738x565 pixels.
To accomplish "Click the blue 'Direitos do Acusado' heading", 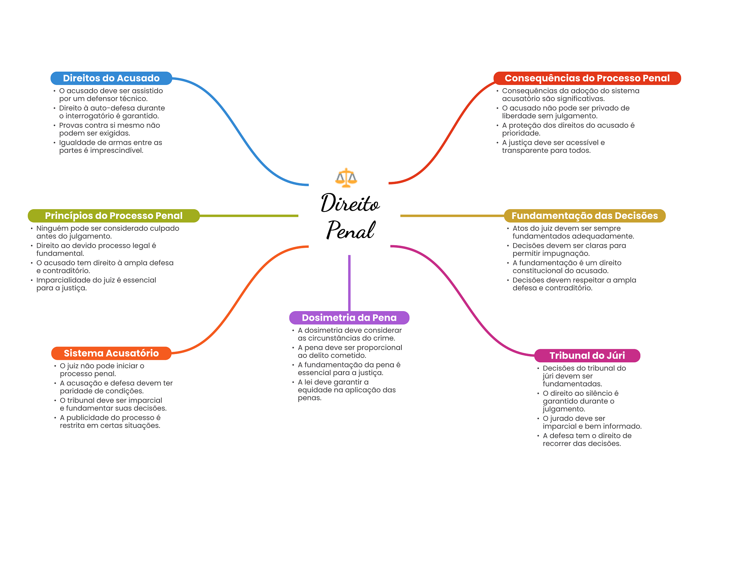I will tap(111, 78).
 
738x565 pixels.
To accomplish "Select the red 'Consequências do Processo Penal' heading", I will tap(587, 78).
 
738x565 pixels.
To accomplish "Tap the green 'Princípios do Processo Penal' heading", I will tap(114, 216).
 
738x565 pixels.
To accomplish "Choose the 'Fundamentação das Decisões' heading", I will tap(584, 216).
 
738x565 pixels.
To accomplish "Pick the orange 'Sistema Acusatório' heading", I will tap(111, 353).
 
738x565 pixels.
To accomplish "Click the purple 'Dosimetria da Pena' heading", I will tap(349, 318).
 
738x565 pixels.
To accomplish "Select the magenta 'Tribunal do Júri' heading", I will tap(587, 355).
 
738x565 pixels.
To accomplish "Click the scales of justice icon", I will tap(346, 178).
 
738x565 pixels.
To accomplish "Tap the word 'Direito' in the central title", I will tap(350, 203).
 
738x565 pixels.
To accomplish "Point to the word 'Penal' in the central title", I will tap(351, 230).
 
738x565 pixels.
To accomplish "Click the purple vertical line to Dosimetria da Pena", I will tap(349, 283).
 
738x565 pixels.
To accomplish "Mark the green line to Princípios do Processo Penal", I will tap(249, 216).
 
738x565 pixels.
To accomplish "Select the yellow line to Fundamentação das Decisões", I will tap(452, 216).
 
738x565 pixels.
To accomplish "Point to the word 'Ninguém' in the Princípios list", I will tap(51, 228).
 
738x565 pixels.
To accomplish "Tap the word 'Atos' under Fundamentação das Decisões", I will tap(520, 228).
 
